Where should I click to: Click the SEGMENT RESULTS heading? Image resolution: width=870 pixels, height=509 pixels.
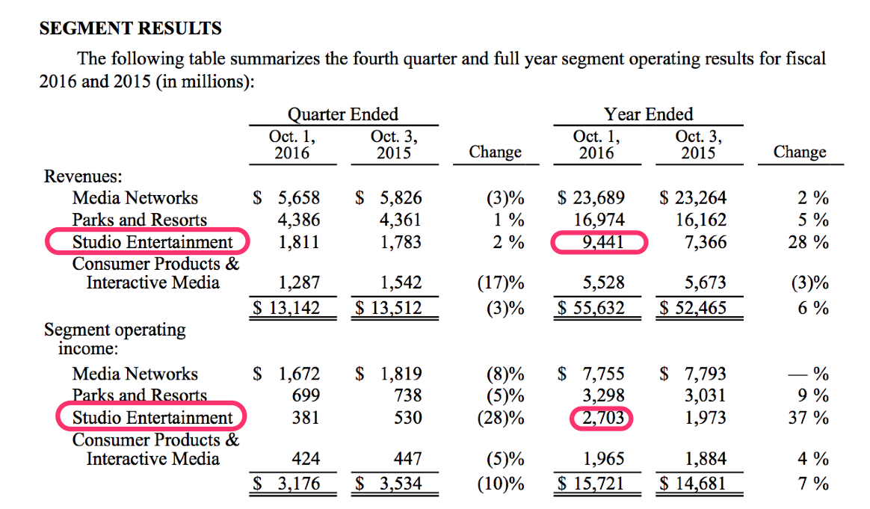coord(130,29)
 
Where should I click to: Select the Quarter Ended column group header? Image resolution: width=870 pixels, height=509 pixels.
coord(343,114)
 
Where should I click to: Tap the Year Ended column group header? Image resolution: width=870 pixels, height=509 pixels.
coord(648,114)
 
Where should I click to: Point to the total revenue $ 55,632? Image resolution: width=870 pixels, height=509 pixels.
coord(591,307)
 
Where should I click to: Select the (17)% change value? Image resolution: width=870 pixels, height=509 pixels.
coord(500,283)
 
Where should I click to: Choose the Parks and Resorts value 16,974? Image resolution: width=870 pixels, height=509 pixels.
coord(599,220)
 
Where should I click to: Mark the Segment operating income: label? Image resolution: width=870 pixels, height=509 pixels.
coord(114,338)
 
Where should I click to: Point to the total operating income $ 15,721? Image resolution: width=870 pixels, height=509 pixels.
coord(591,484)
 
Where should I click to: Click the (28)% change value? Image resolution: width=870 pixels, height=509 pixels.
coord(500,418)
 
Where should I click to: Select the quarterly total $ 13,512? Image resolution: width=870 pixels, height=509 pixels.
coord(388,307)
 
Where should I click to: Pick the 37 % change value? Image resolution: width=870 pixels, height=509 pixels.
coord(809,418)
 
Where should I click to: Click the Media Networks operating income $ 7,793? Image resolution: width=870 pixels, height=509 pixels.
coord(693,374)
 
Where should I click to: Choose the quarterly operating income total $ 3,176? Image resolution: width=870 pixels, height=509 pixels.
coord(286,484)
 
